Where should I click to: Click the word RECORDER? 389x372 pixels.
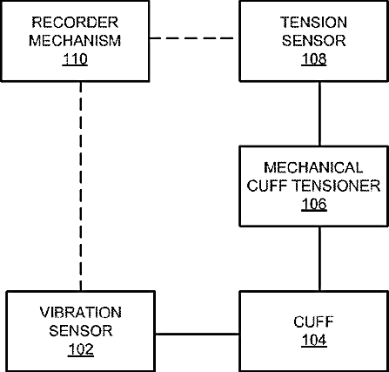tap(75, 23)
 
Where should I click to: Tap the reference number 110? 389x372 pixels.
tap(75, 59)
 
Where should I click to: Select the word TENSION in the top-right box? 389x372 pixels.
tap(313, 23)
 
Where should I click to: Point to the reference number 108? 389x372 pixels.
tap(314, 59)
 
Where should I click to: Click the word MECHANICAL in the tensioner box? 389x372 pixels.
tap(313, 167)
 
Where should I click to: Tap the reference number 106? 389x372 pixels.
tap(314, 204)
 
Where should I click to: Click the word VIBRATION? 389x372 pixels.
tap(81, 313)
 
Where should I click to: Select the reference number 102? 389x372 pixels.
tap(81, 349)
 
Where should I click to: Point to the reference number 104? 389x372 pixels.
tap(314, 340)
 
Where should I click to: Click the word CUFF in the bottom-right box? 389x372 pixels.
tap(313, 321)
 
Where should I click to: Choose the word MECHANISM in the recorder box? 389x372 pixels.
tap(75, 40)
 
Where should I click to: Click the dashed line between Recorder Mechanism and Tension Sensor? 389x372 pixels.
tap(191, 38)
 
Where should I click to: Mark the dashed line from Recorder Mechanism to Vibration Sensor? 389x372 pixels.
tap(81, 186)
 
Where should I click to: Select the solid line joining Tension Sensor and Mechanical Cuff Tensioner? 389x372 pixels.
tap(320, 113)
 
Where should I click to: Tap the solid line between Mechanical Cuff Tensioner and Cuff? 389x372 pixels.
tap(320, 259)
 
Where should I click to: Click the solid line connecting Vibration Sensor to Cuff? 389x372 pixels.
tap(198, 335)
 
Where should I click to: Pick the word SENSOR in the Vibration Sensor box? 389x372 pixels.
tap(81, 331)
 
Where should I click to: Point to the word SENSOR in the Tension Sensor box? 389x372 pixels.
tap(313, 40)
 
